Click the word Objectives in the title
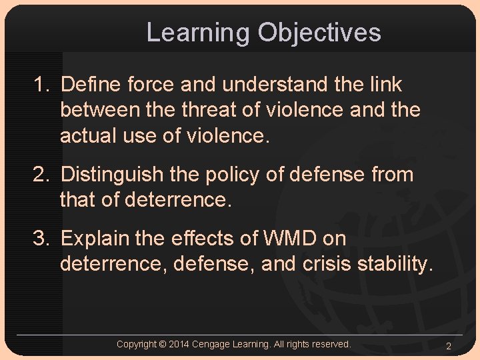[x=319, y=33]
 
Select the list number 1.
[x=41, y=85]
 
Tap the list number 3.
[x=41, y=238]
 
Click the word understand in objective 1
[x=275, y=85]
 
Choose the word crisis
[x=327, y=264]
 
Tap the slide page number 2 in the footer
[x=449, y=345]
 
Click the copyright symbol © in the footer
[x=163, y=344]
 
